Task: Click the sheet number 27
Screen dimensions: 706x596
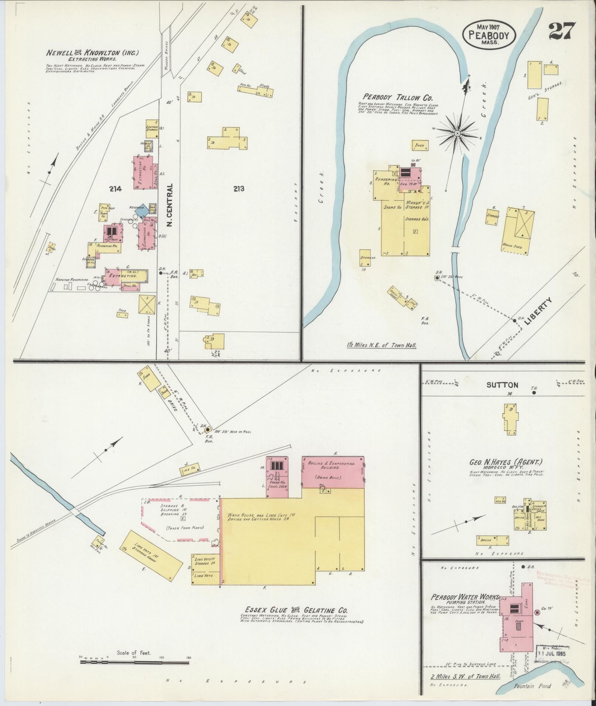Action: [x=562, y=31]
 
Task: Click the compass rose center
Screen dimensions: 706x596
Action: [x=457, y=133]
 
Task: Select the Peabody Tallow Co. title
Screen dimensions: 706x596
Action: [x=398, y=98]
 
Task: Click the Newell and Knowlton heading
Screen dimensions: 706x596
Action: [x=92, y=53]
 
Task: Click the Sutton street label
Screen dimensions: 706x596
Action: [x=502, y=385]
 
